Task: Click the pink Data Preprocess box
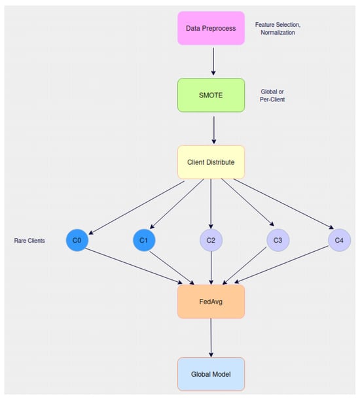point(211,28)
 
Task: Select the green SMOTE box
point(211,95)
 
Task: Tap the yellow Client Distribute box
point(211,162)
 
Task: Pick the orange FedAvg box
point(211,301)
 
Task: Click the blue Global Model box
point(211,374)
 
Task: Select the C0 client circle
point(77,241)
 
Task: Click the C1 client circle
point(143,241)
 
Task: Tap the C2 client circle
point(211,241)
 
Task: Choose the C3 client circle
point(278,241)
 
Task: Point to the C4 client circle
point(339,241)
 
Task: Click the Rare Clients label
point(29,241)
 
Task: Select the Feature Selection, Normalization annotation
point(278,27)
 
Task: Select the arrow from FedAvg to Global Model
point(211,338)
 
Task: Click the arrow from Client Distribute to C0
point(137,206)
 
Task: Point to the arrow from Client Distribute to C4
point(283,206)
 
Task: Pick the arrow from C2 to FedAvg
point(211,268)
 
